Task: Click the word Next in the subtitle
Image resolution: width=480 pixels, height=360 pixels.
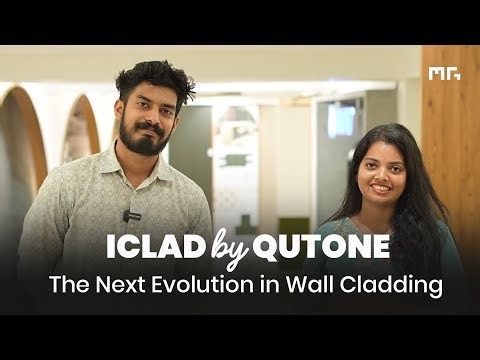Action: pyautogui.click(x=107, y=286)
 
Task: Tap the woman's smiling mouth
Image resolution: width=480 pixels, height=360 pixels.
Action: pyautogui.click(x=381, y=186)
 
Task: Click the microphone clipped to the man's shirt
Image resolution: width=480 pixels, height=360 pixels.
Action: pyautogui.click(x=127, y=214)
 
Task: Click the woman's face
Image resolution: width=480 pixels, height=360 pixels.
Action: pyautogui.click(x=381, y=169)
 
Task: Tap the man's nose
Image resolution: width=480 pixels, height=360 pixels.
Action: pyautogui.click(x=150, y=116)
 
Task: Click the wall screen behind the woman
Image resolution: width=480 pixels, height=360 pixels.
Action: pyautogui.click(x=340, y=121)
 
